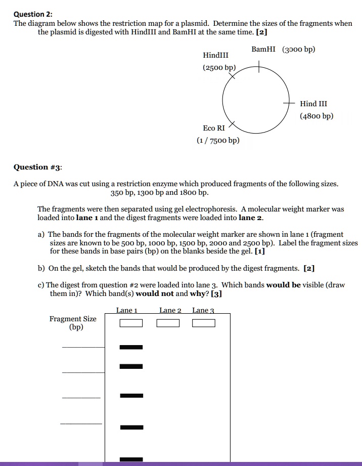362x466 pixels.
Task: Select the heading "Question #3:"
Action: pyautogui.click(x=38, y=167)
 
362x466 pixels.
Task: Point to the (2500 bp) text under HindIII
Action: pyautogui.click(x=219, y=67)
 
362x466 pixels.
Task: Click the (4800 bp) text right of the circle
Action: pyautogui.click(x=316, y=116)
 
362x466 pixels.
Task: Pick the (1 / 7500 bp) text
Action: pyautogui.click(x=218, y=141)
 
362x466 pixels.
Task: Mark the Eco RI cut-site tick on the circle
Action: pyautogui.click(x=232, y=124)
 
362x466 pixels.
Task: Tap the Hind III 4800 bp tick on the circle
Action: pyautogui.click(x=289, y=103)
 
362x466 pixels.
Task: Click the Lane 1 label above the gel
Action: pyautogui.click(x=126, y=310)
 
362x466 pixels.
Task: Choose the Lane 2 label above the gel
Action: pyautogui.click(x=170, y=310)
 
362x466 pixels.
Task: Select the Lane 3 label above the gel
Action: pyautogui.click(x=203, y=310)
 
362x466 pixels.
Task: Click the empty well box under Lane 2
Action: pyautogui.click(x=168, y=323)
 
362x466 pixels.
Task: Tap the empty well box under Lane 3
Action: pyautogui.click(x=204, y=323)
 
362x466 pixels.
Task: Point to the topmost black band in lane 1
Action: pyautogui.click(x=131, y=347)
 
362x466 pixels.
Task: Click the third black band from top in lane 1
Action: pyautogui.click(x=131, y=395)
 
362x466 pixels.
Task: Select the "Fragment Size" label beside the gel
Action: pyautogui.click(x=73, y=319)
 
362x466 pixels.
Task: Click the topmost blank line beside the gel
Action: pyautogui.click(x=83, y=348)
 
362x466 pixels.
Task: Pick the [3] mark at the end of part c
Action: pyautogui.click(x=216, y=293)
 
